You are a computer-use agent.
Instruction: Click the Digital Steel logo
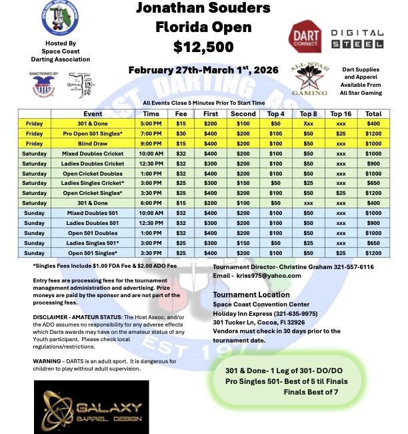tap(357, 38)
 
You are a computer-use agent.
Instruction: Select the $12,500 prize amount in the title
tap(203, 47)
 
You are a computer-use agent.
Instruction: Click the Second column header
tap(243, 114)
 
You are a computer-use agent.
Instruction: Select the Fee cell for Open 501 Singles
tap(181, 253)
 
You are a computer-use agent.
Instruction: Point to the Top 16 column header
tap(341, 114)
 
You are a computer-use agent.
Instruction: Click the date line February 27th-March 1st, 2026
tap(203, 70)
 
